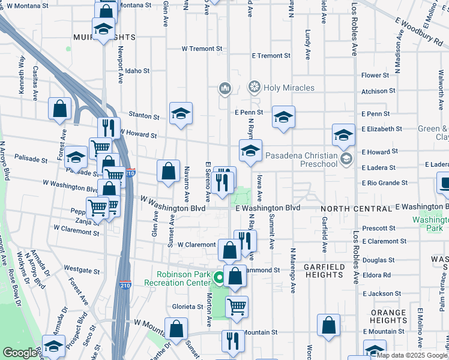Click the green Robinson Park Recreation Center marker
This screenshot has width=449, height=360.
pyautogui.click(x=220, y=277)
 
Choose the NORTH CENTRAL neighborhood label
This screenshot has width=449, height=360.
pyautogui.click(x=356, y=208)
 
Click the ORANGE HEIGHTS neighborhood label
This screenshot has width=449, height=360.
pyautogui.click(x=388, y=316)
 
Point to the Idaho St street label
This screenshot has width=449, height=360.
pyautogui.click(x=137, y=70)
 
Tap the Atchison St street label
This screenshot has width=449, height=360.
pyautogui.click(x=378, y=91)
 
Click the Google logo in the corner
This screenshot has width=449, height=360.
pyautogui.click(x=20, y=353)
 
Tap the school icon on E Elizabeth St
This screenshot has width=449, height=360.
pyautogui.click(x=344, y=135)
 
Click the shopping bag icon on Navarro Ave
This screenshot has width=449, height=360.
pyautogui.click(x=169, y=170)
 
